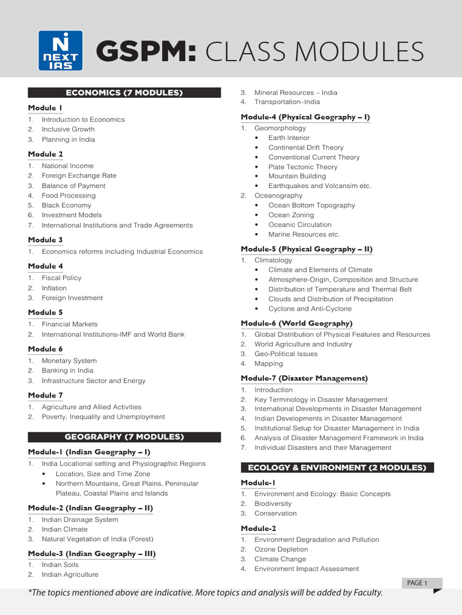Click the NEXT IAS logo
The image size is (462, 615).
click(x=58, y=51)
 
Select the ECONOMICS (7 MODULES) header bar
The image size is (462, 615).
click(x=124, y=92)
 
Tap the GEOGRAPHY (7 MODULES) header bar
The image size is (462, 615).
click(x=124, y=437)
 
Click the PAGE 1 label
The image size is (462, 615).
click(x=417, y=583)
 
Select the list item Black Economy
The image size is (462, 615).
click(x=66, y=205)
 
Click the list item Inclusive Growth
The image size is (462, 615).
click(x=68, y=129)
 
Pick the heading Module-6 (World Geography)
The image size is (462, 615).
click(x=297, y=323)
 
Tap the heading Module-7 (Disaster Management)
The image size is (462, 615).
click(x=304, y=378)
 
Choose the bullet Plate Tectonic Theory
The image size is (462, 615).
click(x=303, y=167)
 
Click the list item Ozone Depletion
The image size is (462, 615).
click(x=281, y=549)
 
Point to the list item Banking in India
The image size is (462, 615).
click(x=67, y=371)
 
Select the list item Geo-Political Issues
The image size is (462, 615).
click(x=286, y=354)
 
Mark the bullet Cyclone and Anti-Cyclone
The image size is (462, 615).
click(x=310, y=309)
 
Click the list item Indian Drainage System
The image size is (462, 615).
click(x=79, y=520)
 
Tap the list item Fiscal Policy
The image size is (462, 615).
click(x=61, y=278)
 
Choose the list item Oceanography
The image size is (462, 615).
click(x=279, y=195)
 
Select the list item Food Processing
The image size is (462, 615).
click(x=69, y=195)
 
